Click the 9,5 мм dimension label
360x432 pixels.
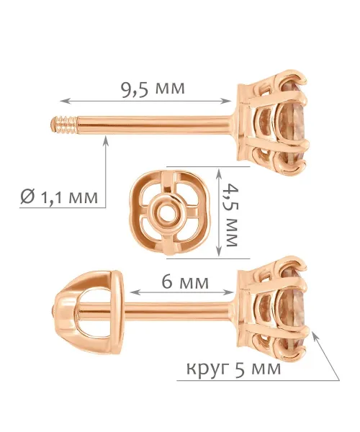pyautogui.click(x=153, y=89)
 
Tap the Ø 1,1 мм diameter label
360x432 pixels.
pyautogui.click(x=59, y=197)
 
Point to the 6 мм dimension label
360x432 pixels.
pyautogui.click(x=185, y=282)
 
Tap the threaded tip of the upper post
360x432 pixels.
pyautogui.click(x=64, y=125)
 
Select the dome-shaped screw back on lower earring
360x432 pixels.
pyautogui.click(x=89, y=312)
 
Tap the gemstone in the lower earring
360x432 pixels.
pyautogui.click(x=292, y=311)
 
